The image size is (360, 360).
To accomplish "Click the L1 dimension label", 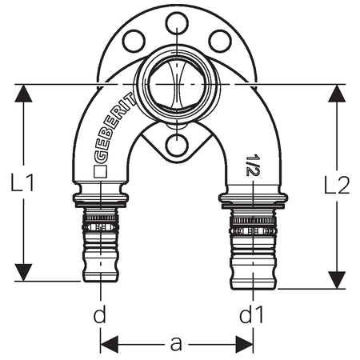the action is (x=22, y=182).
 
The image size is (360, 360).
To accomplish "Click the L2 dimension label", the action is (x=337, y=185).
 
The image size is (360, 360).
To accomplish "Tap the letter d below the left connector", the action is (x=100, y=314).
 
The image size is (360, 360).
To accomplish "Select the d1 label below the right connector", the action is (x=251, y=314).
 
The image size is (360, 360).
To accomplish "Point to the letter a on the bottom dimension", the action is (x=176, y=344).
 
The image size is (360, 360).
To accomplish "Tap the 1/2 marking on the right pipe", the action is (x=250, y=165).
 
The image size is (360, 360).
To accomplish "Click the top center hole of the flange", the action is (x=178, y=23).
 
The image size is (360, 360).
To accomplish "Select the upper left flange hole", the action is (x=134, y=41).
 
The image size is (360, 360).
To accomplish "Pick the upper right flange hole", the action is (x=220, y=41).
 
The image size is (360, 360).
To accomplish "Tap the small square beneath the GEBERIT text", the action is (x=101, y=172).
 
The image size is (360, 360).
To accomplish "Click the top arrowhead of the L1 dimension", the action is (x=23, y=94).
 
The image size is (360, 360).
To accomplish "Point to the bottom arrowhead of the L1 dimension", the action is (x=23, y=272).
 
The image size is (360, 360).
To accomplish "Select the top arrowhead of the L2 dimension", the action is (x=337, y=94).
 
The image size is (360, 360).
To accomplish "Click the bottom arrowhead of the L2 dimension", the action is (x=337, y=280).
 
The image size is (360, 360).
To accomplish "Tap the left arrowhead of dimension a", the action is (x=110, y=345).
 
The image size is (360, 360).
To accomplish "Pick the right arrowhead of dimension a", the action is (x=244, y=345).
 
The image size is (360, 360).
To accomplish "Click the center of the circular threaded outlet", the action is (x=178, y=85).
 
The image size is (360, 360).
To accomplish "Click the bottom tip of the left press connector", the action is (x=101, y=282).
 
